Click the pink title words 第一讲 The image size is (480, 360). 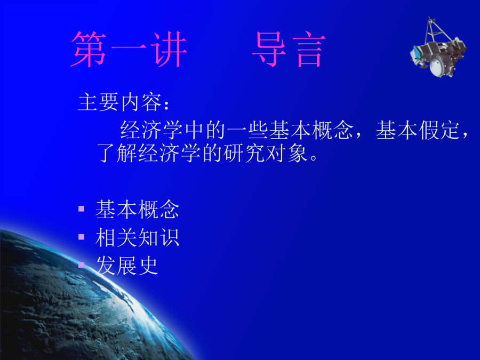(x=129, y=49)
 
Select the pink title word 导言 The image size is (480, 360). (x=289, y=49)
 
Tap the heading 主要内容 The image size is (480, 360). (x=119, y=102)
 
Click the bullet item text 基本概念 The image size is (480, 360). (x=137, y=210)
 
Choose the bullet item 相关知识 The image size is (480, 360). (x=137, y=237)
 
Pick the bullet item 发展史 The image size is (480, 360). (x=127, y=266)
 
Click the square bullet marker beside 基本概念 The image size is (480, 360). (x=81, y=209)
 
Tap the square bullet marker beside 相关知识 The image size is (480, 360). (x=81, y=237)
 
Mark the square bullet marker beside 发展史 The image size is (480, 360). (x=81, y=265)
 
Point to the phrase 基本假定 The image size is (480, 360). (x=418, y=130)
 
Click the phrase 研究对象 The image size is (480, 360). (x=266, y=153)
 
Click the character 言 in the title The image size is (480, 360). (x=309, y=50)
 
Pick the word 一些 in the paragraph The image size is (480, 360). (x=247, y=130)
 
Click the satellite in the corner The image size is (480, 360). (x=438, y=47)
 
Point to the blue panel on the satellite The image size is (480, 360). (x=415, y=52)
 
